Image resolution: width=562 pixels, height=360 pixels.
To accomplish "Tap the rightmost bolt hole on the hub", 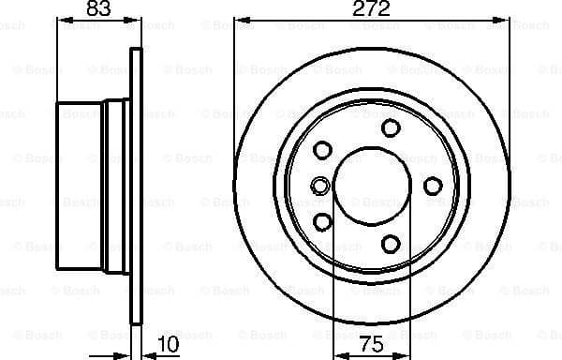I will tap(432, 186).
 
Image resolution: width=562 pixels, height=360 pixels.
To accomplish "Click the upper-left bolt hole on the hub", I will tap(323, 150).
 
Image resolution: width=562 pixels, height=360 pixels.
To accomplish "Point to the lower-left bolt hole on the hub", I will tap(323, 221).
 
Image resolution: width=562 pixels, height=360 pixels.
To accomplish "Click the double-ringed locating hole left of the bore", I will tap(320, 186).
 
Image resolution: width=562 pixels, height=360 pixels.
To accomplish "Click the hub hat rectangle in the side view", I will tap(82, 186).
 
